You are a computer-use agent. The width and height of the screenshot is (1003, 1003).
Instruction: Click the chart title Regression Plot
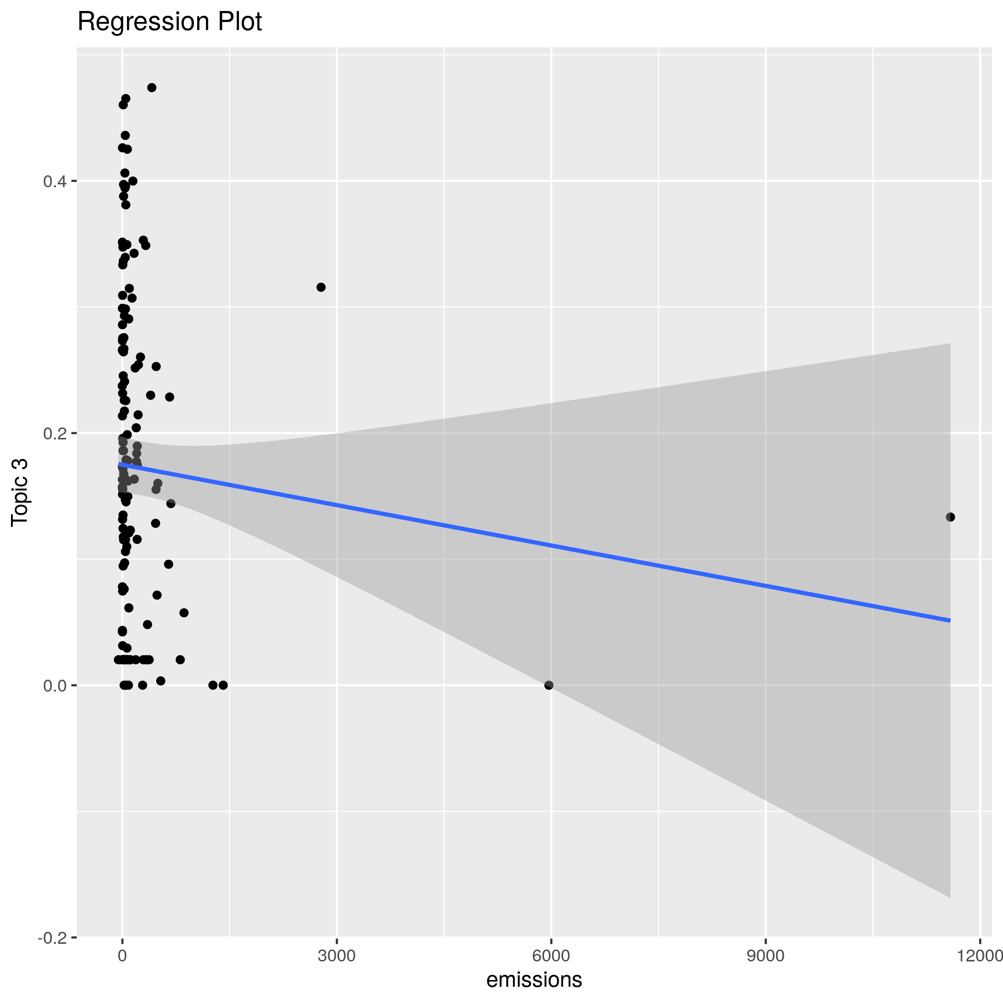click(x=169, y=22)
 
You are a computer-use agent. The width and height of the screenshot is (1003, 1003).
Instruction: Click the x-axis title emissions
click(x=534, y=980)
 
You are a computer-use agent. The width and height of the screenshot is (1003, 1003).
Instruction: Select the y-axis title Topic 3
click(x=20, y=493)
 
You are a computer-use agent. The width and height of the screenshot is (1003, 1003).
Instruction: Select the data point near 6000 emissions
click(x=549, y=685)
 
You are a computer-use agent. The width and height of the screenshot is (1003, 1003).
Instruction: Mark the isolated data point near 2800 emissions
click(x=321, y=287)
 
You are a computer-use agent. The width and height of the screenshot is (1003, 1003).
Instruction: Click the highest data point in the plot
click(x=151, y=87)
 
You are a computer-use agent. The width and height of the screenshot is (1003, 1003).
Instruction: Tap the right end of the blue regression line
click(x=950, y=620)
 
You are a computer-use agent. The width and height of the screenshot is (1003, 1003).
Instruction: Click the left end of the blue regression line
click(x=119, y=464)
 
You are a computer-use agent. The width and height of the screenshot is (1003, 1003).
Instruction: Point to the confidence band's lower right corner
click(x=950, y=897)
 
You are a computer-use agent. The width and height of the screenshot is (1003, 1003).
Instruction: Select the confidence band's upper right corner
click(x=950, y=344)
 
